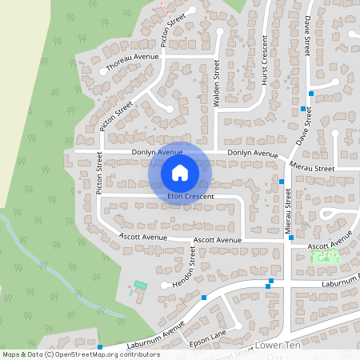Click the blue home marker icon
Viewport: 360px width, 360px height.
point(180,172)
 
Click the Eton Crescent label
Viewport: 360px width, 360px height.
point(191,196)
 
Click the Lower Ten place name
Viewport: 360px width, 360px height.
point(276,345)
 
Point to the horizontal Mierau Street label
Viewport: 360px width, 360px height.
point(313,169)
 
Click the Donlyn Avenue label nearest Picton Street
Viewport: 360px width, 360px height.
point(158,152)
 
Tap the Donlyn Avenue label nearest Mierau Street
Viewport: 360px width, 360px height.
point(252,154)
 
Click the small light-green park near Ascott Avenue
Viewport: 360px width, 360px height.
point(325,257)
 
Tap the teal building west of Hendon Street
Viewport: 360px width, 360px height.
point(141,285)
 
